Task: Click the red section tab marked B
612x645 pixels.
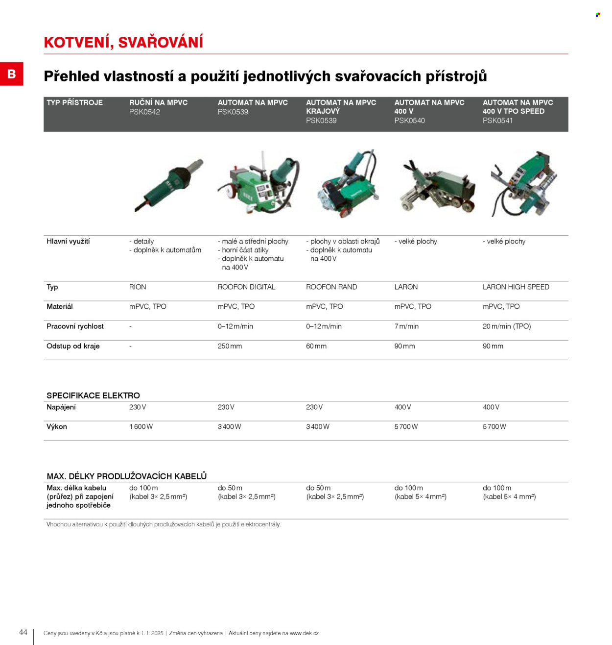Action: click(x=12, y=74)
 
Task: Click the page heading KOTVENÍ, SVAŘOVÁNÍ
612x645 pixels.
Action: click(x=123, y=42)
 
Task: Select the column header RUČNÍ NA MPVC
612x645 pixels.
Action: click(x=158, y=102)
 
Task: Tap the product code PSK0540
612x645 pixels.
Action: click(x=409, y=121)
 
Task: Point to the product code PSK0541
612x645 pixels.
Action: click(x=497, y=121)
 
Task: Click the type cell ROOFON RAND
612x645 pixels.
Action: click(x=331, y=287)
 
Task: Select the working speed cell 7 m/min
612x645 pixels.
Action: click(x=406, y=326)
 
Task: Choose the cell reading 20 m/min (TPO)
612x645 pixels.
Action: click(x=507, y=326)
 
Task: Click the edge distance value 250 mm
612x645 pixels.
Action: click(x=230, y=346)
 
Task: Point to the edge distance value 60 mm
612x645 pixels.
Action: click(x=316, y=346)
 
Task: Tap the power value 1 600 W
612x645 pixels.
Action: click(x=141, y=427)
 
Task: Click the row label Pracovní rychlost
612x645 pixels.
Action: click(x=75, y=326)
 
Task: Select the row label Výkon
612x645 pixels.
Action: click(x=57, y=427)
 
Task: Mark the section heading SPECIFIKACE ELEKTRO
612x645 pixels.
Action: click(x=93, y=396)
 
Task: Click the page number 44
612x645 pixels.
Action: click(x=23, y=632)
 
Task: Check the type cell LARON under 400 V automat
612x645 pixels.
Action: click(x=406, y=287)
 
